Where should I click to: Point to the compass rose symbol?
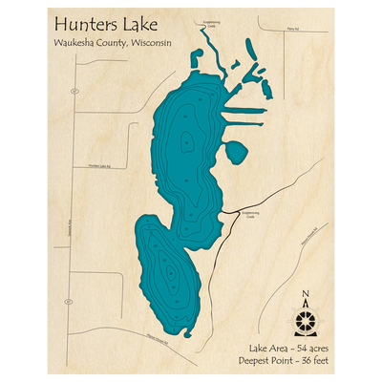coord(305,316)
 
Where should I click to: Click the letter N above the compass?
coord(305,294)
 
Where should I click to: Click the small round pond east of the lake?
coord(234,151)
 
